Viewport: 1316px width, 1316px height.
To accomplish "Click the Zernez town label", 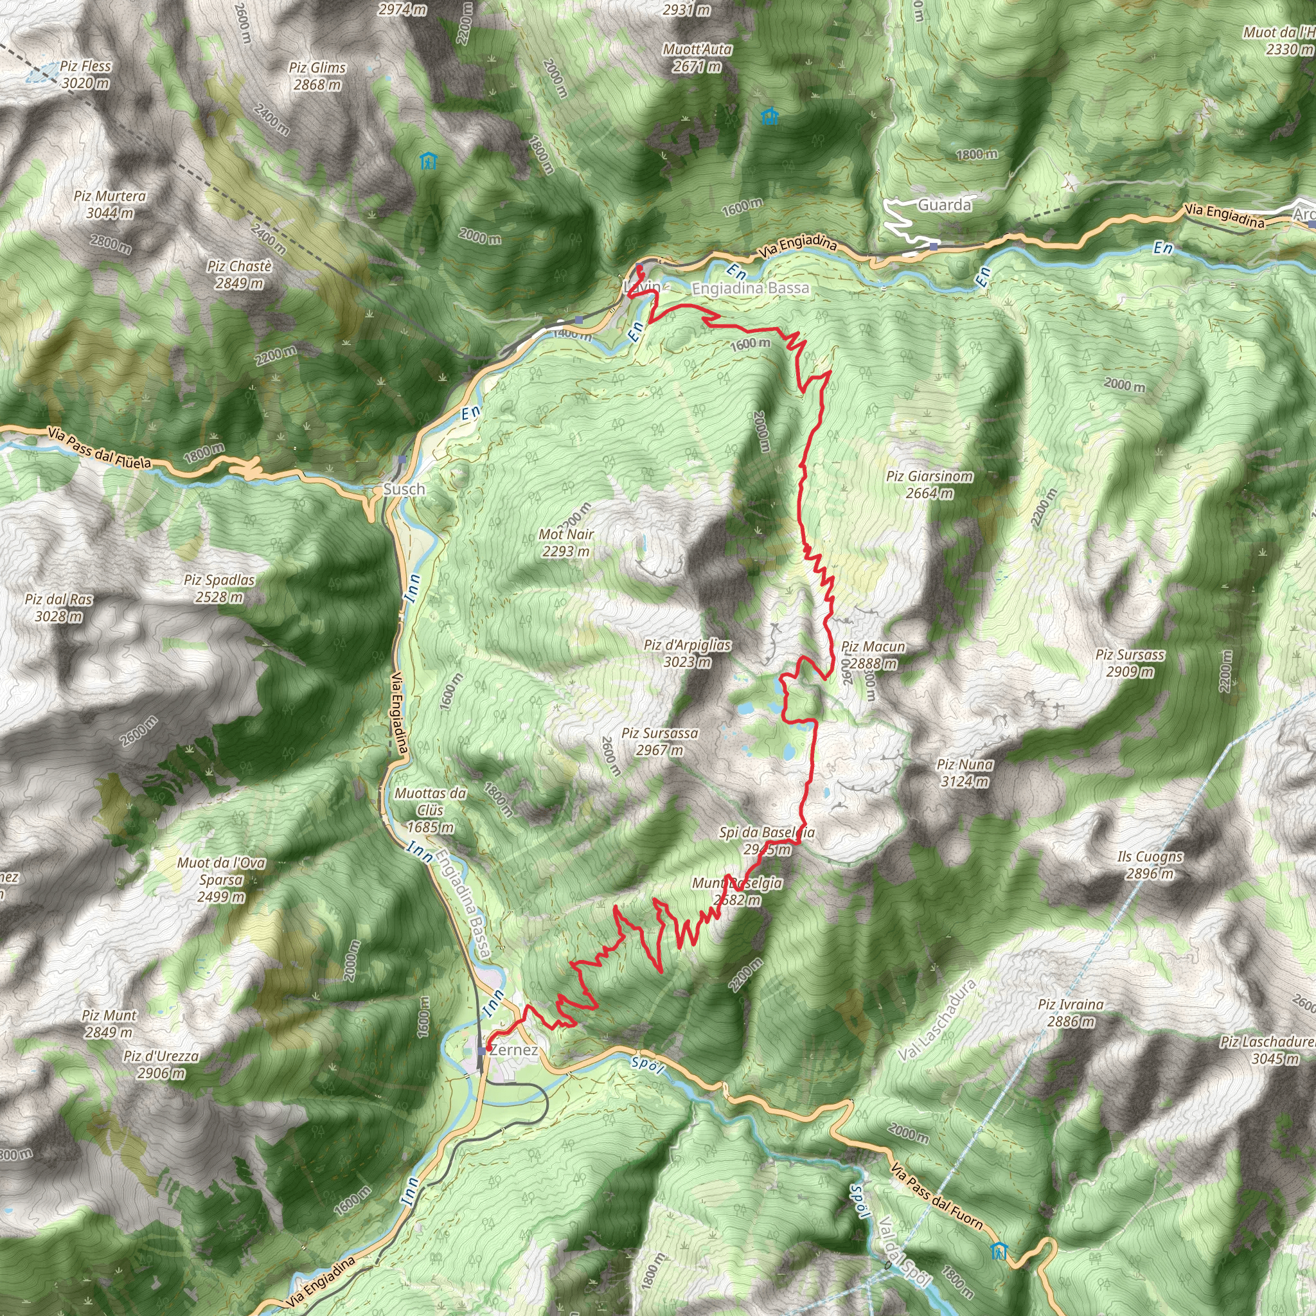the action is point(513,1050).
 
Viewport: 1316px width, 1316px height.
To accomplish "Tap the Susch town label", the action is point(404,489).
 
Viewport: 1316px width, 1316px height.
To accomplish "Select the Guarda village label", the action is point(944,205).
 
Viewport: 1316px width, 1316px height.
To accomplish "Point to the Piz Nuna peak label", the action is point(965,773).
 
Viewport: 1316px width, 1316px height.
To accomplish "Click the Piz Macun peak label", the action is point(873,655).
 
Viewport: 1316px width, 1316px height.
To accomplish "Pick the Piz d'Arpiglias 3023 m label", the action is point(688,654).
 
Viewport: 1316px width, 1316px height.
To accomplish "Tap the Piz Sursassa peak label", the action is point(659,742).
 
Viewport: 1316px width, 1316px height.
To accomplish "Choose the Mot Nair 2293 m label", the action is point(566,543).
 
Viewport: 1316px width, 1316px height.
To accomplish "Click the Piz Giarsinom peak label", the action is point(929,485).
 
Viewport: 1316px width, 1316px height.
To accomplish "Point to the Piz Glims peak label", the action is point(317,76).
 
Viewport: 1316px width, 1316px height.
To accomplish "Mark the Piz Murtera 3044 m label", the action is point(110,204).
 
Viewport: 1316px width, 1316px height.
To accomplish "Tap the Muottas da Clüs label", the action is point(431,810).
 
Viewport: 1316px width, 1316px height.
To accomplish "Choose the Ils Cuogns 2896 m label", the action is point(1150,865).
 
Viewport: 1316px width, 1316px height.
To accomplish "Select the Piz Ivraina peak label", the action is point(1071,1013).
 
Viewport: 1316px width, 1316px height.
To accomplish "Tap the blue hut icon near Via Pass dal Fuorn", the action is point(999,1251).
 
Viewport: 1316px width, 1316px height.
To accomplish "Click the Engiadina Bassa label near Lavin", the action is point(750,288).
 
